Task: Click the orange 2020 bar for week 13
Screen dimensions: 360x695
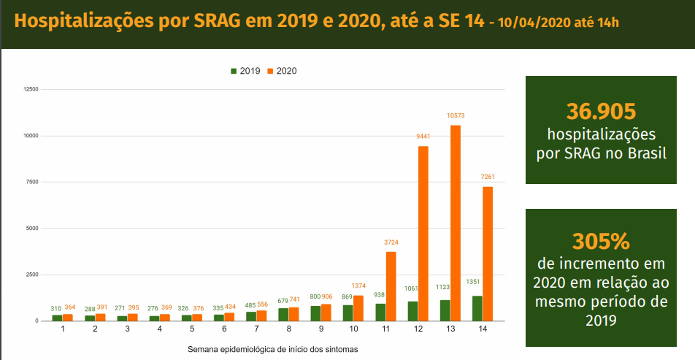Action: pyautogui.click(x=456, y=223)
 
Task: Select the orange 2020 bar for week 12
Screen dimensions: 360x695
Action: pyautogui.click(x=423, y=234)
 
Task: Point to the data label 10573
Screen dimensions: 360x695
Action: pyautogui.click(x=456, y=115)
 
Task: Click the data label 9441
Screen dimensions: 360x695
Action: pyautogui.click(x=423, y=137)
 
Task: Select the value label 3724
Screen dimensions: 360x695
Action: pyautogui.click(x=391, y=242)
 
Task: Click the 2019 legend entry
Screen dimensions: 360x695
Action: pyautogui.click(x=245, y=71)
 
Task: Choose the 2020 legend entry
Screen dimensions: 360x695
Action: pyautogui.click(x=283, y=71)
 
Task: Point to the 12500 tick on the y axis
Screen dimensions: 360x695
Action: pyautogui.click(x=31, y=89)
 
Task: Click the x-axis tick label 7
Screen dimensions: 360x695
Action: pyautogui.click(x=256, y=330)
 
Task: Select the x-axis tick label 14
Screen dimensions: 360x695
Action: pyautogui.click(x=482, y=330)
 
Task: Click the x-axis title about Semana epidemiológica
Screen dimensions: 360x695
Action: pyautogui.click(x=272, y=349)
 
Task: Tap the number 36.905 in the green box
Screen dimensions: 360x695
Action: pyautogui.click(x=601, y=111)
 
